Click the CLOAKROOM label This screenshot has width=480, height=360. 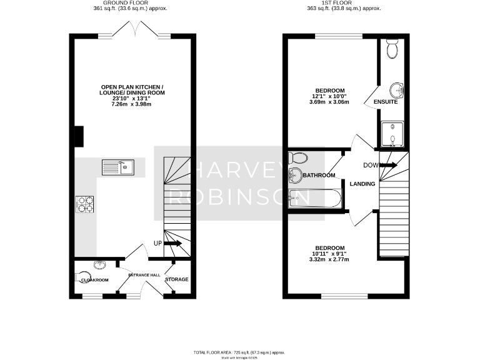(x=96, y=280)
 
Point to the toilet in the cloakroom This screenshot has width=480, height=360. (x=81, y=276)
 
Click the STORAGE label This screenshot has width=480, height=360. (x=177, y=279)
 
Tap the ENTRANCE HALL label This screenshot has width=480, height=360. (x=144, y=275)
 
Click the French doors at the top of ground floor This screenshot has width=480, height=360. (x=134, y=31)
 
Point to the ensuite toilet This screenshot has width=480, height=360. (x=392, y=47)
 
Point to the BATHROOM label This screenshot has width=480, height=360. (x=319, y=176)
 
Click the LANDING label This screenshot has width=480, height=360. (x=362, y=184)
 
